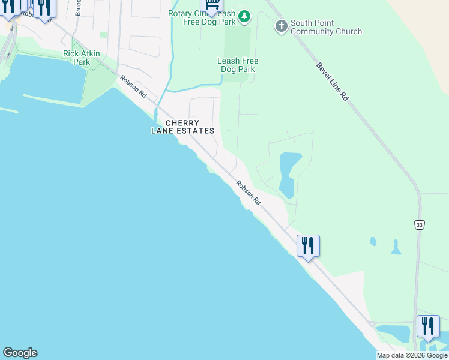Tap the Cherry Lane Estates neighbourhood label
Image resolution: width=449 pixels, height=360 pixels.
click(x=182, y=127)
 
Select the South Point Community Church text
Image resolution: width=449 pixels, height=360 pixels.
click(x=326, y=27)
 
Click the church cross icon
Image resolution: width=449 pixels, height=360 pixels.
click(x=281, y=26)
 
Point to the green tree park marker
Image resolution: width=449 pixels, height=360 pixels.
click(x=244, y=17)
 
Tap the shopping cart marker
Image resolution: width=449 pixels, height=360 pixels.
click(x=211, y=5)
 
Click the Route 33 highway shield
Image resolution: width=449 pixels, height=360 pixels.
click(x=418, y=224)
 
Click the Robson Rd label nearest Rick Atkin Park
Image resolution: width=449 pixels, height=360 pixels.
click(x=133, y=86)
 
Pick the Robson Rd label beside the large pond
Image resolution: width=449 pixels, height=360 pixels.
click(x=248, y=193)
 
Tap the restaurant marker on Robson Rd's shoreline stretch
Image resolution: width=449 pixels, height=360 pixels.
click(x=308, y=246)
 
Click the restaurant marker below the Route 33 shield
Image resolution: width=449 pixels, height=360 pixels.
click(x=428, y=327)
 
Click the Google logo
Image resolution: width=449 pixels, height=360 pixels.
click(x=20, y=353)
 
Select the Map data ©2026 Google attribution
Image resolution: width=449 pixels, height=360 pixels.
click(x=412, y=355)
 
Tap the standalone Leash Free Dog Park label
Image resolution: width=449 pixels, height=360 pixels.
click(x=238, y=65)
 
